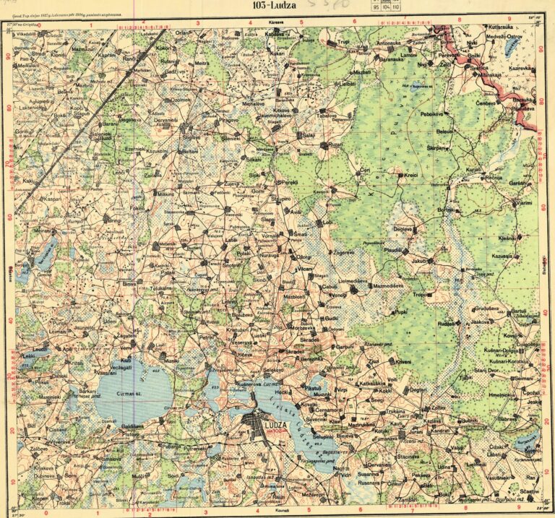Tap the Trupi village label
pos(342,43)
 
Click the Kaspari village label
pos(51,198)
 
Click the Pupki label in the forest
pos(400,311)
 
